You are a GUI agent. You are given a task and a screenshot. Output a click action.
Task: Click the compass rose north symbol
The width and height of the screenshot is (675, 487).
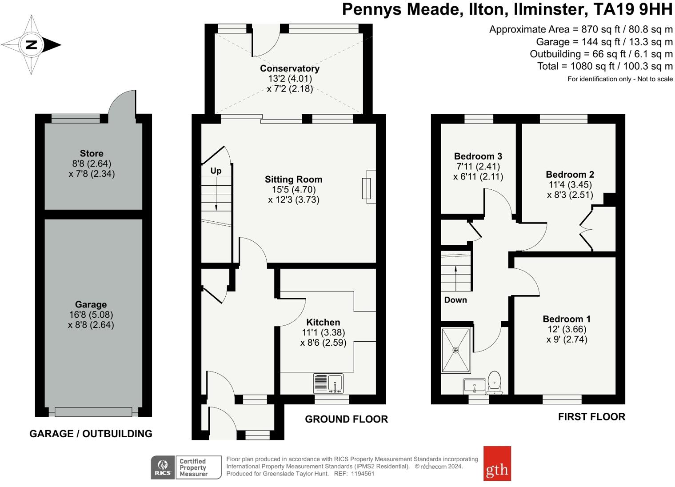click(32, 45)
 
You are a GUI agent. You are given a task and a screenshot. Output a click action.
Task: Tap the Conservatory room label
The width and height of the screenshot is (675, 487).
click(289, 68)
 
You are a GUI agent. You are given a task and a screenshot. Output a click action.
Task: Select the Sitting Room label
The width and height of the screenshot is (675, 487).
click(293, 180)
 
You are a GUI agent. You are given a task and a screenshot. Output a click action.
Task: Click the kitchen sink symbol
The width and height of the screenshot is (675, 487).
click(328, 383)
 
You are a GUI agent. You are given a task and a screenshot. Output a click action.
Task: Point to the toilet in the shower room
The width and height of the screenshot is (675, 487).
click(494, 382)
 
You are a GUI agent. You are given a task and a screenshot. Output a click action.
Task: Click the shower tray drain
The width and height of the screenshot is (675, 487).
click(455, 350)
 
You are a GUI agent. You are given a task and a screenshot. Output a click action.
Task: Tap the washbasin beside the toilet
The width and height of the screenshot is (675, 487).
click(474, 386)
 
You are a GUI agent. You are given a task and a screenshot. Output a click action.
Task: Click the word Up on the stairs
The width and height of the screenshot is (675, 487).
click(216, 171)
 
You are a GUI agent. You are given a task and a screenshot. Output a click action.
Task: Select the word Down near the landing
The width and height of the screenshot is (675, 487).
click(455, 300)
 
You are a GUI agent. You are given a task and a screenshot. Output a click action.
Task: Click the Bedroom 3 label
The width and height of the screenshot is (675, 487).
click(478, 156)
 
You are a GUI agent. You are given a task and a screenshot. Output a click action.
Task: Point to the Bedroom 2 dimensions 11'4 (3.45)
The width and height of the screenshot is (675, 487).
click(570, 185)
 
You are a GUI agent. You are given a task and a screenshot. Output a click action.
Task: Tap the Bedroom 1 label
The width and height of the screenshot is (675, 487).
click(567, 319)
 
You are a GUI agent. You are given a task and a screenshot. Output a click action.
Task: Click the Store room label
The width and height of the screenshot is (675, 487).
click(92, 154)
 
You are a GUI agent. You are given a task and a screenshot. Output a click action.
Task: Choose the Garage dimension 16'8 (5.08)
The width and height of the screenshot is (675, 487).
click(91, 315)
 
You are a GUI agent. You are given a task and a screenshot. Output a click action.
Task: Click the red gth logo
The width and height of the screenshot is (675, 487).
click(497, 463)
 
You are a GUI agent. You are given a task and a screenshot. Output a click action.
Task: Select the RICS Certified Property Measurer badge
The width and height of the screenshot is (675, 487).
click(186, 467)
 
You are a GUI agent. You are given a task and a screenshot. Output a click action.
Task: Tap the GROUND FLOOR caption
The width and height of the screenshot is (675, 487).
click(346, 419)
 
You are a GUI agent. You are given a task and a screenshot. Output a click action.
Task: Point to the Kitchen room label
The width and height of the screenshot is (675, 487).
click(323, 323)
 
